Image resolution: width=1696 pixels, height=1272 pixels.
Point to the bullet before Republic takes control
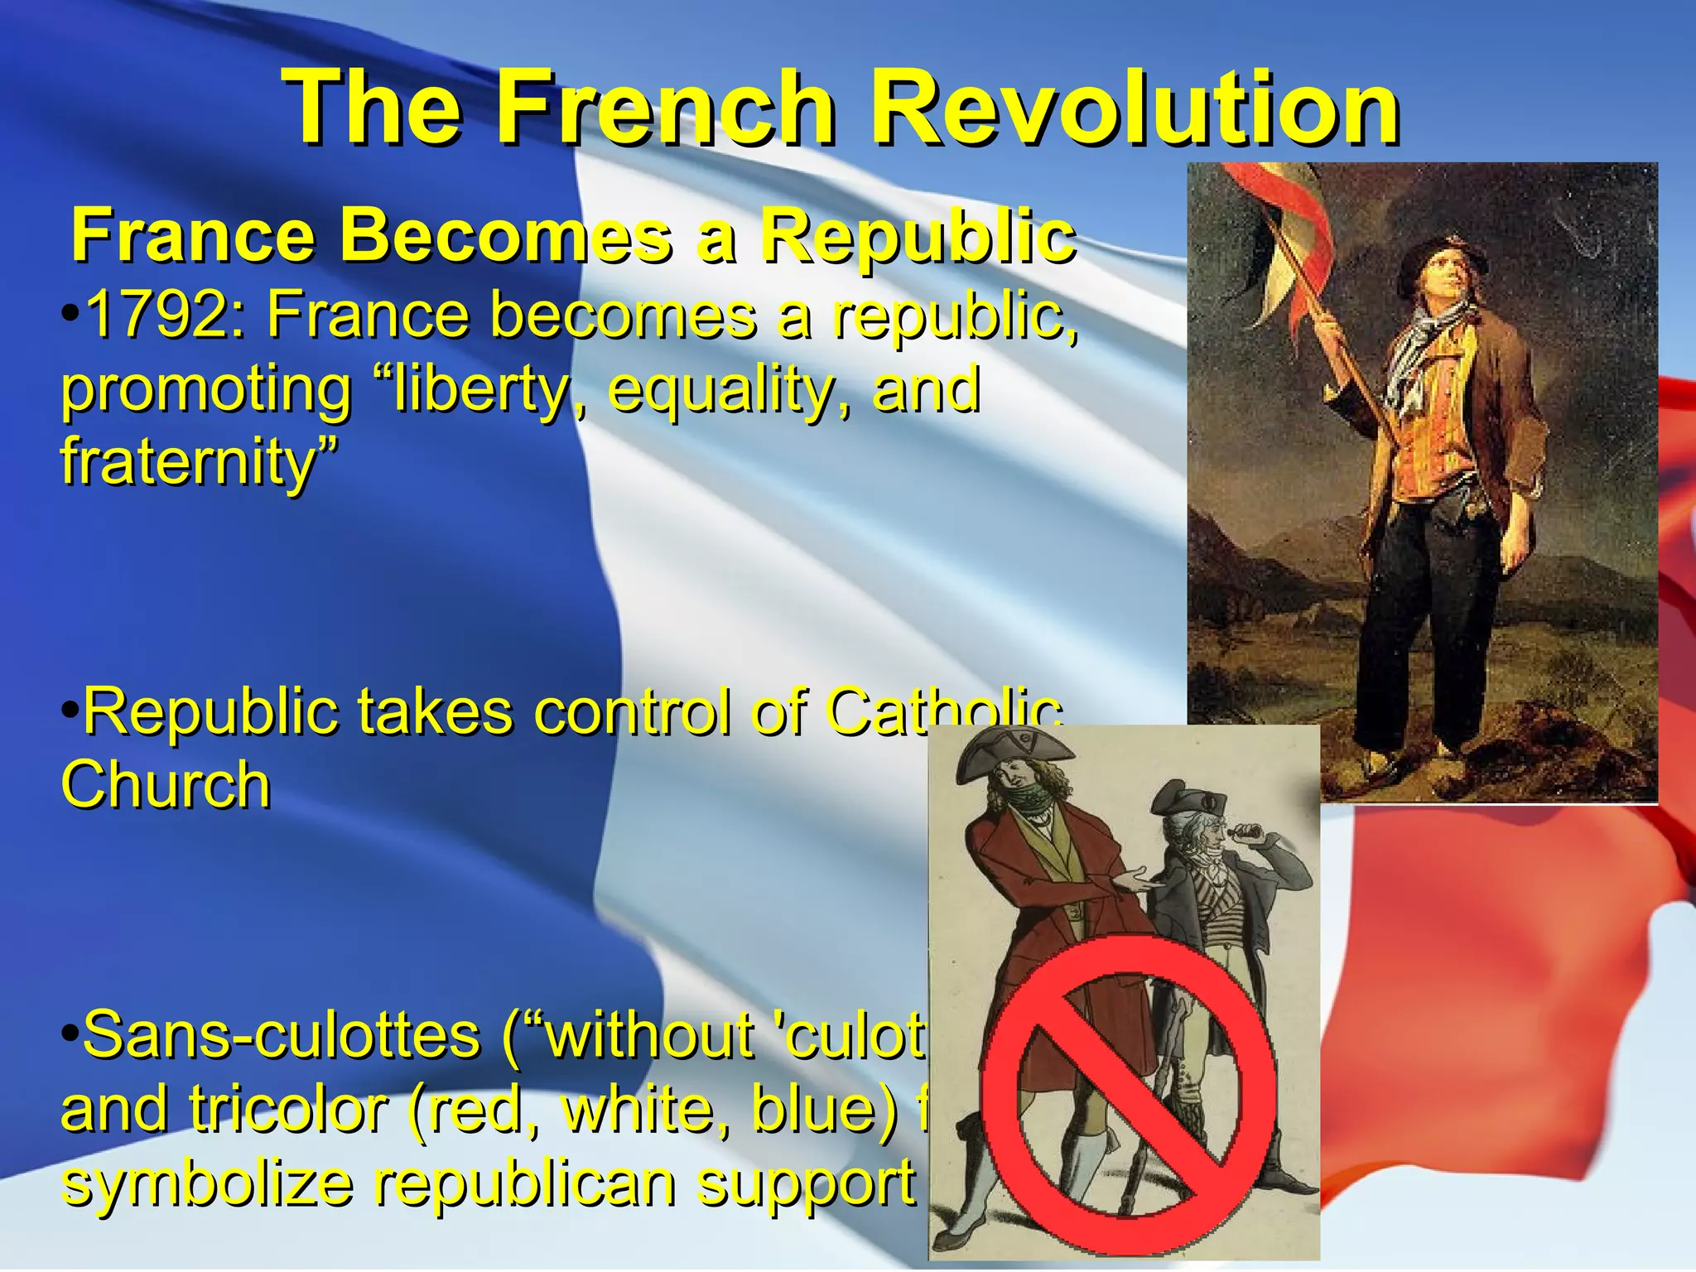70,711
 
